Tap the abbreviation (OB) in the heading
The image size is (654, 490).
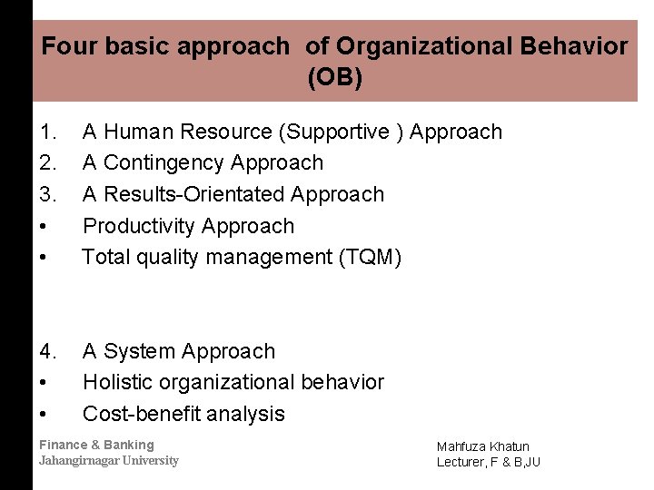coord(335,78)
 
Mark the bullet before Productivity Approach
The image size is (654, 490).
coord(44,227)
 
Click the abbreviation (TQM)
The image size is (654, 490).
coord(369,258)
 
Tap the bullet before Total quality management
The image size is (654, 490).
coord(44,258)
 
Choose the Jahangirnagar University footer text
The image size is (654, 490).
coord(109,460)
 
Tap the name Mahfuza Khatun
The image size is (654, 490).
coord(482,446)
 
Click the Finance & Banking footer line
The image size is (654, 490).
coord(96,445)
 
